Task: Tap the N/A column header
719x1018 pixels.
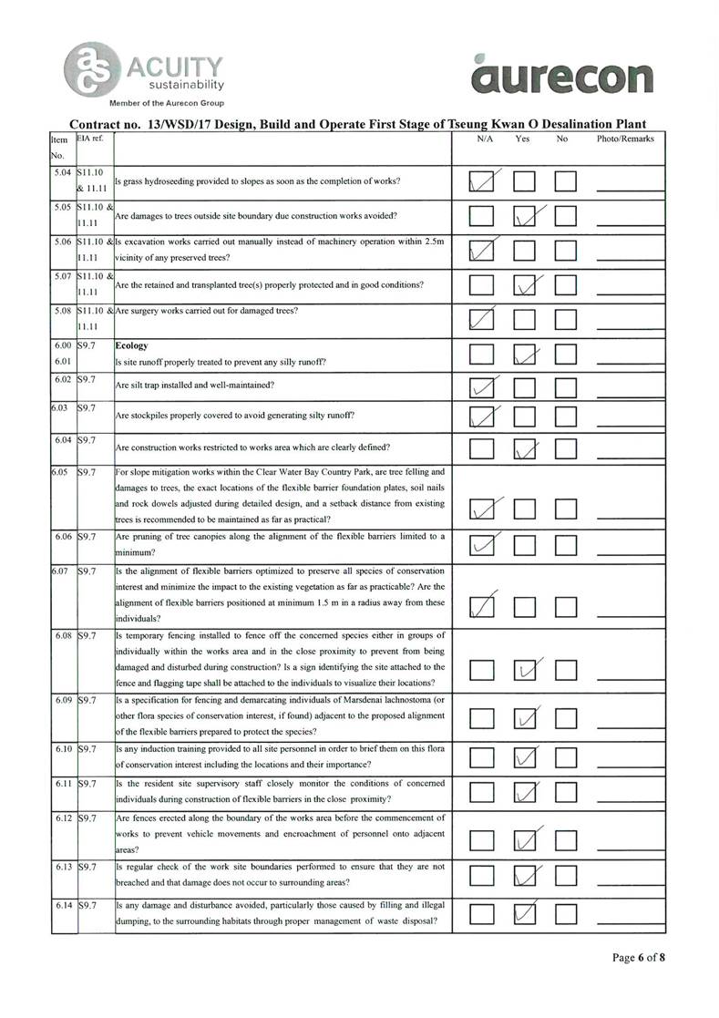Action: (x=485, y=139)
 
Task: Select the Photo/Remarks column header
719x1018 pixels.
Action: (x=625, y=139)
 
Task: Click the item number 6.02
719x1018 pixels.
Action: (x=63, y=379)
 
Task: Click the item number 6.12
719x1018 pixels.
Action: (x=63, y=818)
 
